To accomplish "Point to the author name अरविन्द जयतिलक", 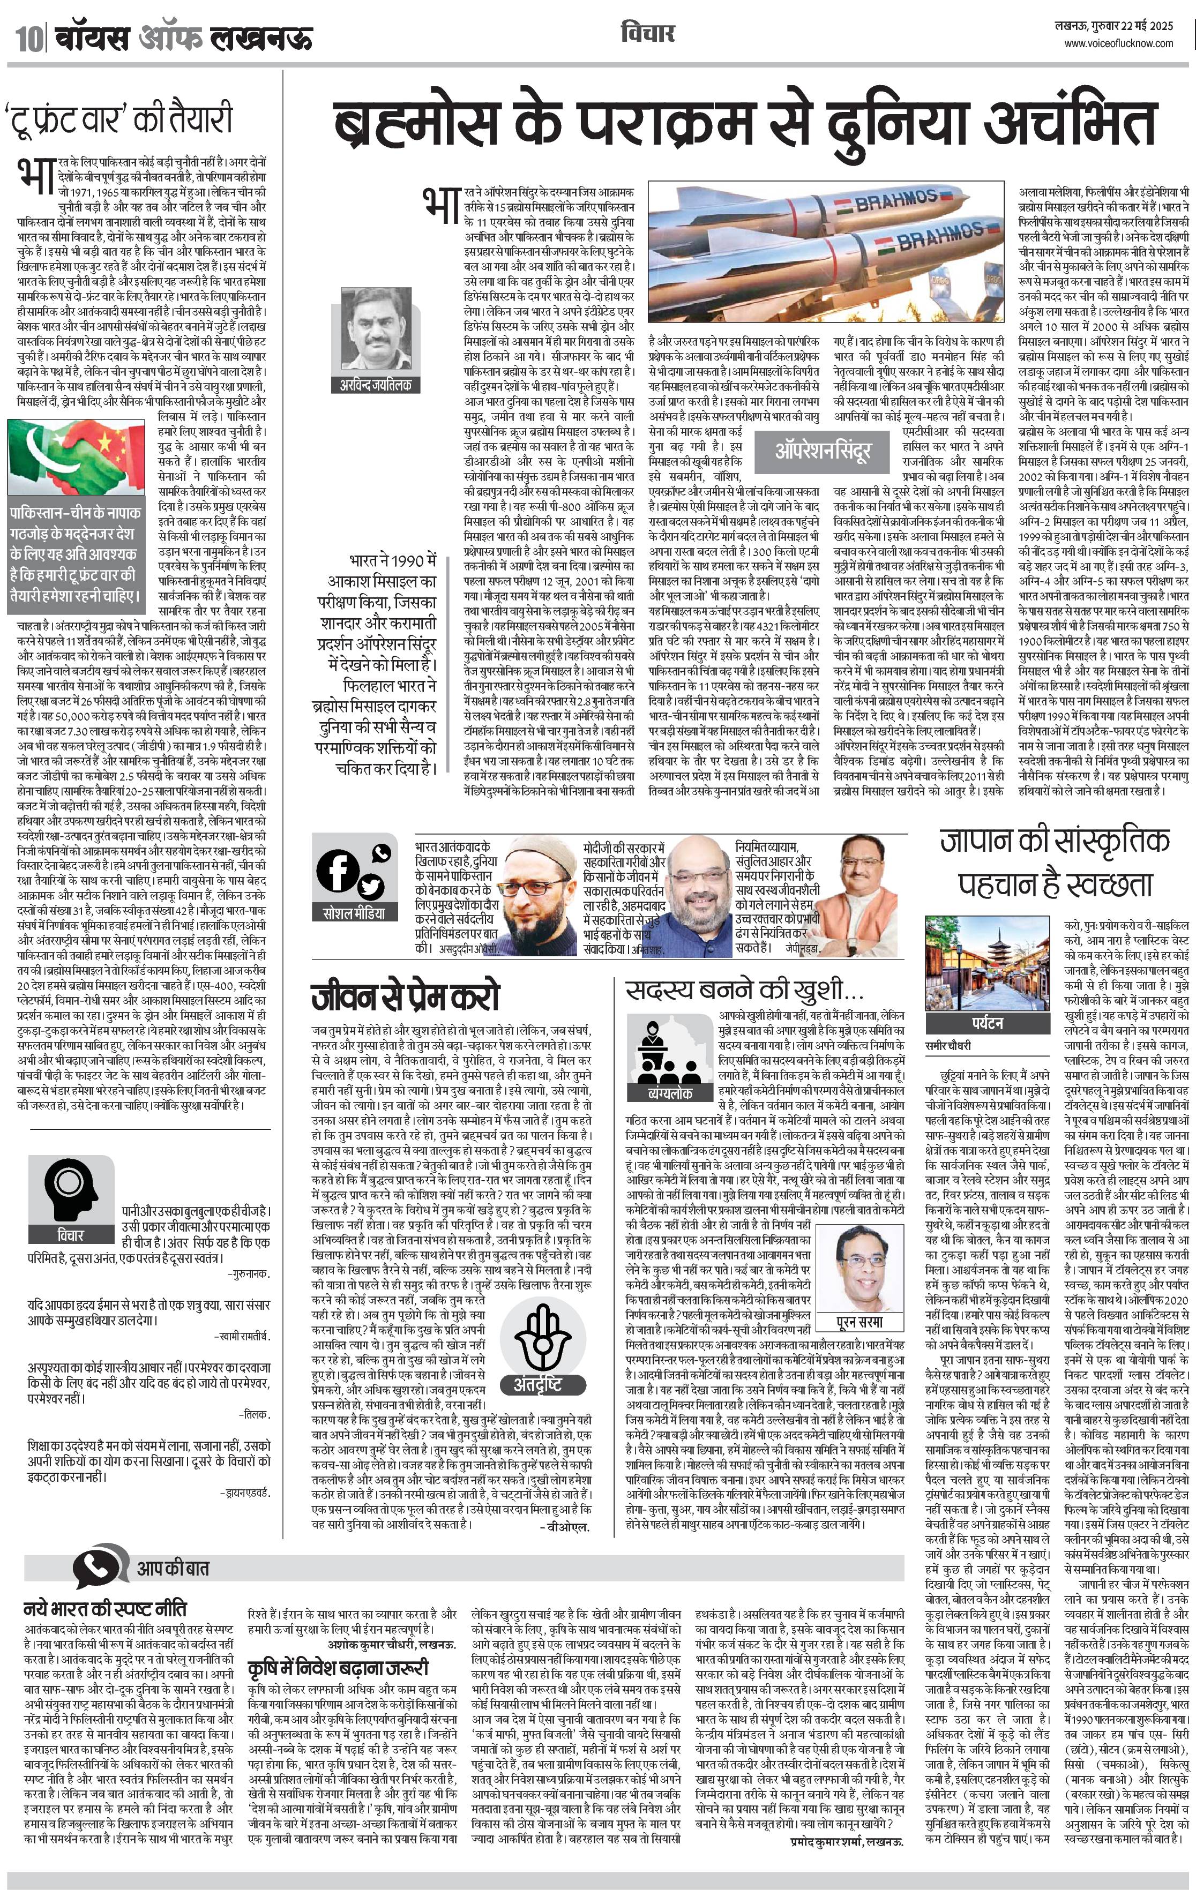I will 375,385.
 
